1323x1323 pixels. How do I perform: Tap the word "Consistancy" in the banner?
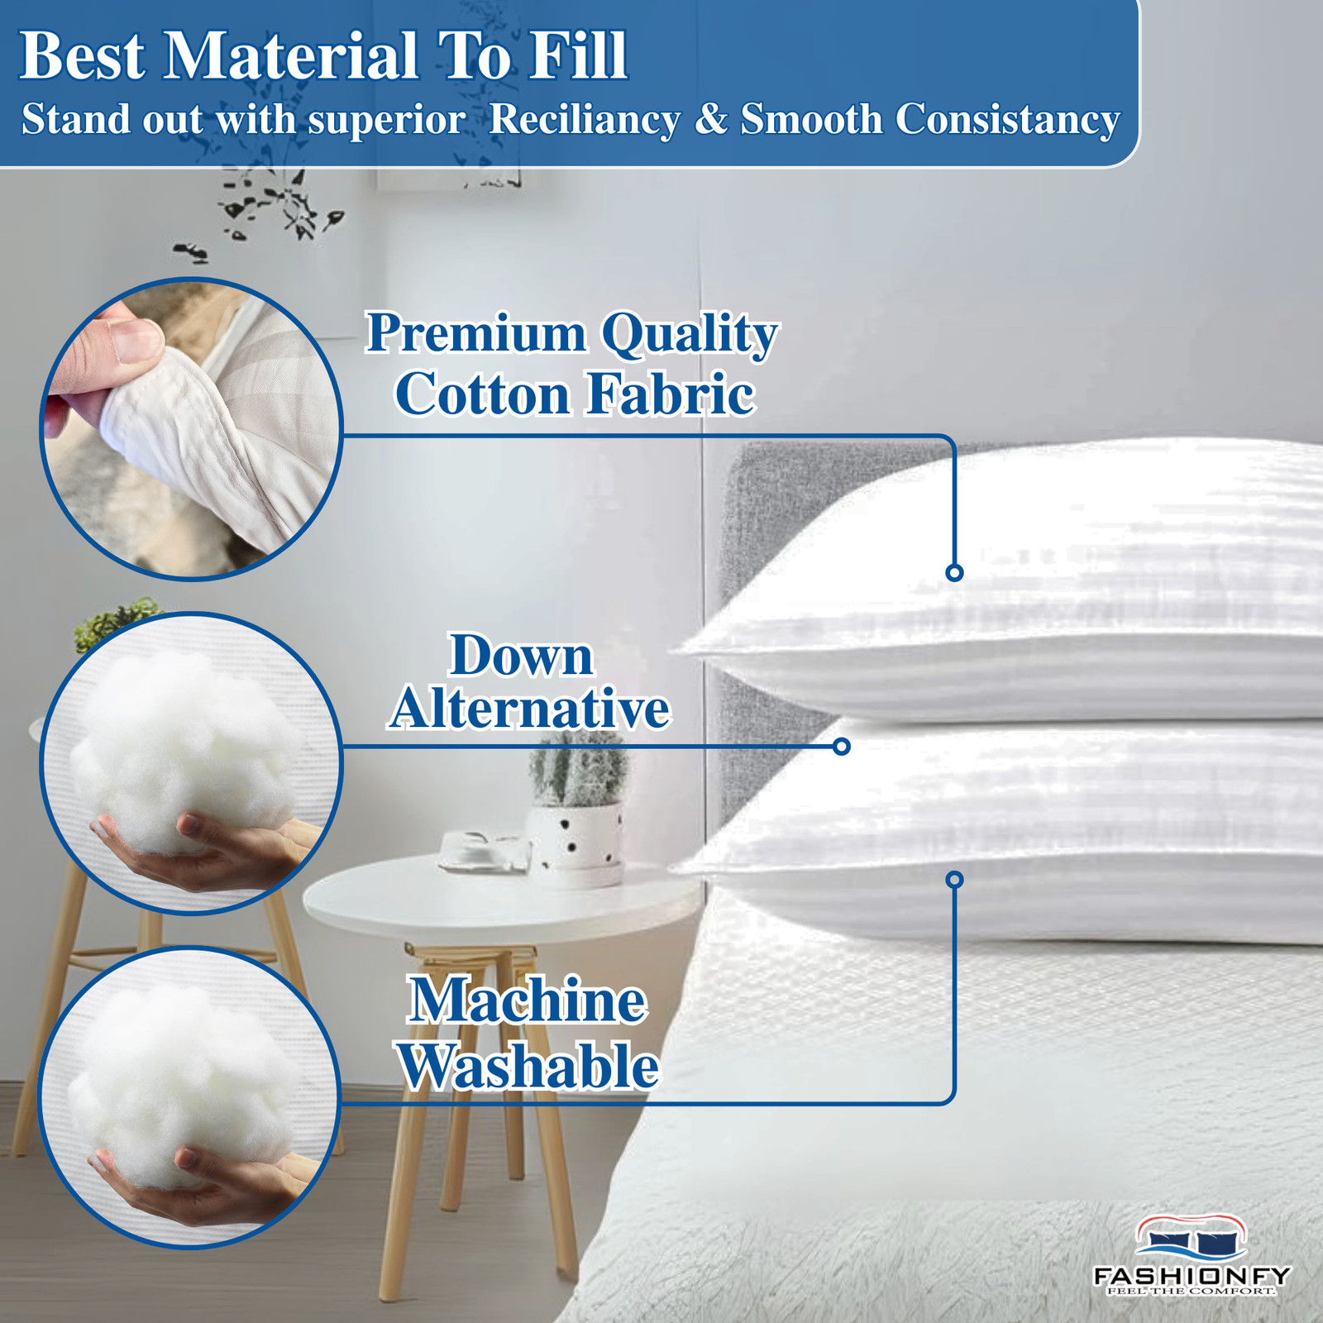[x=1007, y=119]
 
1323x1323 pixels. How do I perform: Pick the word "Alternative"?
[x=529, y=709]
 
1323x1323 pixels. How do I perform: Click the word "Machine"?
[x=528, y=1001]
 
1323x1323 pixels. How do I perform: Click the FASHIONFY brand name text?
[x=1192, y=1276]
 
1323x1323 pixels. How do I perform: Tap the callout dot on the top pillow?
[x=954, y=572]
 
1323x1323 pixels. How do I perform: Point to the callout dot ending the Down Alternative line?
[x=842, y=747]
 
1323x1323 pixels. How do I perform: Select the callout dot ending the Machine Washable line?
[x=955, y=879]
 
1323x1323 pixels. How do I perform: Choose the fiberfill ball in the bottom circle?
[x=182, y=1083]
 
